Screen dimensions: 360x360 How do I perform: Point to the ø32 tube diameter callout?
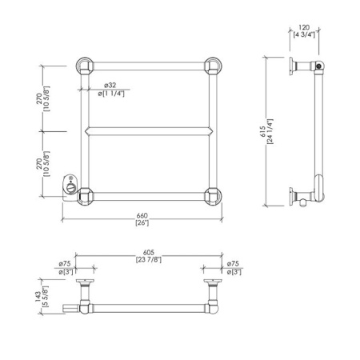[111, 86]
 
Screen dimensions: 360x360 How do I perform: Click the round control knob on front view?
[70, 189]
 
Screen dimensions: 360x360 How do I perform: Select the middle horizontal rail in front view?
[148, 130]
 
